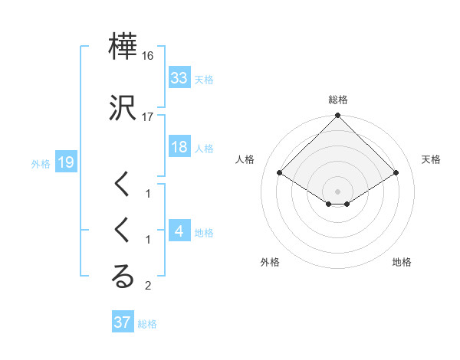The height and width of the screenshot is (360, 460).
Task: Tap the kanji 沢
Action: (x=123, y=109)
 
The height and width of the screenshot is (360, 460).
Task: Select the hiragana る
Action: (x=123, y=277)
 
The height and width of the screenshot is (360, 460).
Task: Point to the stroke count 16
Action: (x=148, y=57)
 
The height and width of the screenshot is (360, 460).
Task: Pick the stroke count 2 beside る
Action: (x=148, y=286)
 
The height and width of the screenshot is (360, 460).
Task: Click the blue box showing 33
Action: (x=179, y=78)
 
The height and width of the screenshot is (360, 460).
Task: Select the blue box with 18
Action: (x=179, y=148)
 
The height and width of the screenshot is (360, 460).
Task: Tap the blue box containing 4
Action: (x=179, y=231)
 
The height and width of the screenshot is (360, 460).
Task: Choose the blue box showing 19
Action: (x=65, y=162)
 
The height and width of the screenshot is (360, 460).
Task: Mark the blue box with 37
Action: (x=123, y=322)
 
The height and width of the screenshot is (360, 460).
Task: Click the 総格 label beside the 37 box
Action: (x=147, y=324)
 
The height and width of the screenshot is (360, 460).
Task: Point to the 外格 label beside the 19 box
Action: (x=41, y=163)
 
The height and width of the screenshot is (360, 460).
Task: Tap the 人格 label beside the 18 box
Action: (x=204, y=149)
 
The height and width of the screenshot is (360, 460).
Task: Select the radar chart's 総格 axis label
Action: (x=337, y=100)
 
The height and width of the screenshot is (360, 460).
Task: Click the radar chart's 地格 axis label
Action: (x=402, y=262)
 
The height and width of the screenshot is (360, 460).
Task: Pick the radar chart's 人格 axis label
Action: (x=245, y=159)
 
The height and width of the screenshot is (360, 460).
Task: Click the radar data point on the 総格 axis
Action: (x=337, y=117)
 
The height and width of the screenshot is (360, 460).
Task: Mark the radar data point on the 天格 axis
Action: (x=396, y=173)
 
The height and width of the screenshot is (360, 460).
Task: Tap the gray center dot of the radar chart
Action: (x=337, y=191)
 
